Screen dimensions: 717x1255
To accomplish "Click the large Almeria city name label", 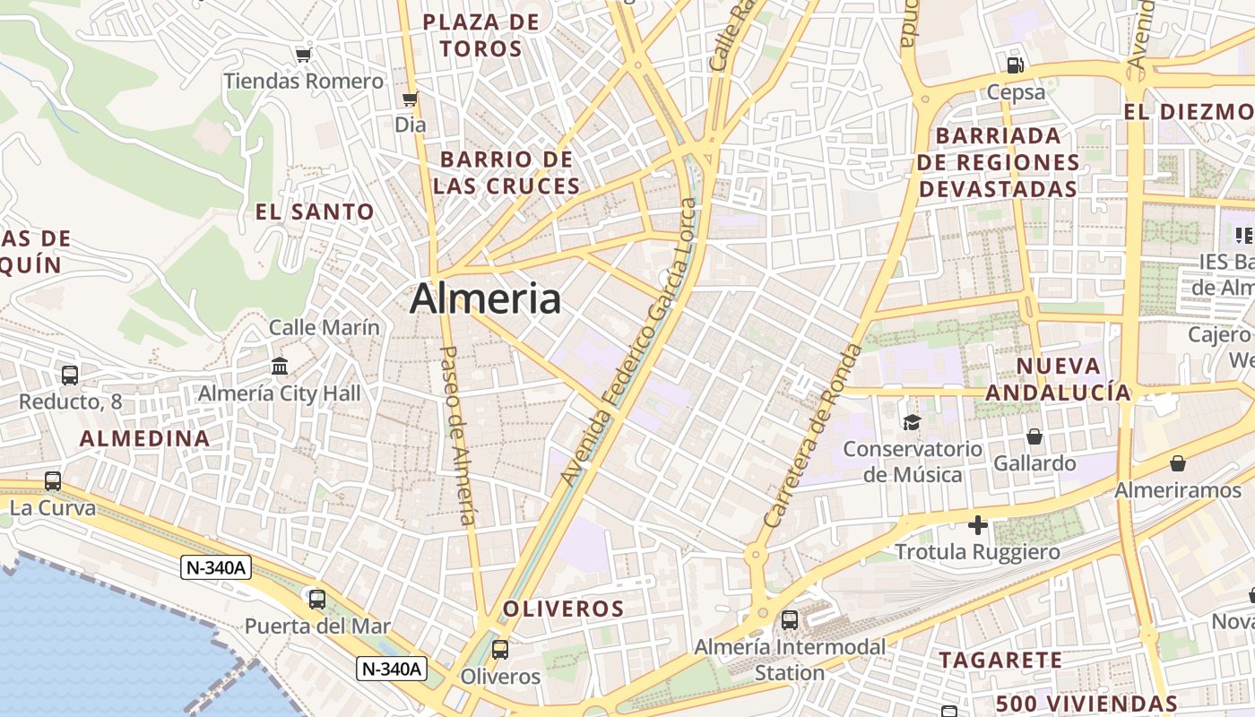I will click(485, 298).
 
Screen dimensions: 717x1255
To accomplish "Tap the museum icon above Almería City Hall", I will click(280, 367).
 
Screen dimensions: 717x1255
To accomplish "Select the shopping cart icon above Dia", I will click(411, 99).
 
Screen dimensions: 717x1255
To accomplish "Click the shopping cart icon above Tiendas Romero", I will click(303, 56).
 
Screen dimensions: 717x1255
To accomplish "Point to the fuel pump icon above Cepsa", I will click(1016, 65).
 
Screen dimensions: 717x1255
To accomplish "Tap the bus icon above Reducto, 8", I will click(70, 376).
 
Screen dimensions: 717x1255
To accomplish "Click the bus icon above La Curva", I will click(53, 481).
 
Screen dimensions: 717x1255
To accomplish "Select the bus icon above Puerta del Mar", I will click(316, 599).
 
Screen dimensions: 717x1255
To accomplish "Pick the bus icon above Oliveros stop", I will click(500, 650).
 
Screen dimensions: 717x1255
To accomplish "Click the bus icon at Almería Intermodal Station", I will click(790, 619).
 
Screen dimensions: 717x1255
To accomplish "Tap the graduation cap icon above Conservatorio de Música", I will click(912, 422).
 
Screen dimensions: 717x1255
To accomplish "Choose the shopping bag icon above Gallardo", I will click(1034, 436).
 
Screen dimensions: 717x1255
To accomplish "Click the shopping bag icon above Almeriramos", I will click(1178, 463).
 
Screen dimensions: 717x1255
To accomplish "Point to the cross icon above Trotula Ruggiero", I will click(978, 525).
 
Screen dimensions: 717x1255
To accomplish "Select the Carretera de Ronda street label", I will click(812, 436).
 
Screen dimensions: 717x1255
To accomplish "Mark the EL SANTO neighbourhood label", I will click(315, 212).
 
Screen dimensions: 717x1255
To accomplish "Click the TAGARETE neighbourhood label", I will click(1000, 661).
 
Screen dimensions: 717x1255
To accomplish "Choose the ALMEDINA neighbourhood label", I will click(145, 438).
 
